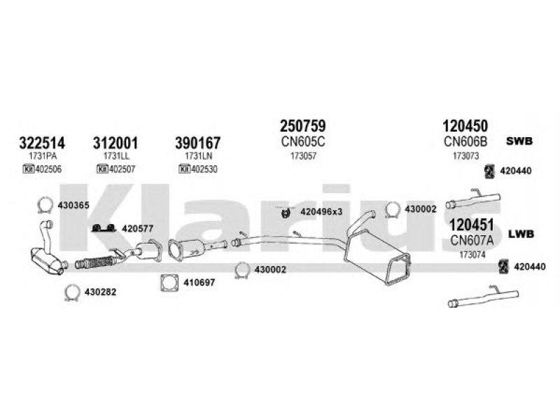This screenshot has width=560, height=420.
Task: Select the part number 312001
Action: [115, 143]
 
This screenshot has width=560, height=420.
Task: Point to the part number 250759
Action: [302, 127]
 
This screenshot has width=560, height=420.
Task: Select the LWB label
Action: [521, 233]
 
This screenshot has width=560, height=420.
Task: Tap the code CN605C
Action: [302, 142]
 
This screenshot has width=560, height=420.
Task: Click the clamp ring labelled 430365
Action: [43, 205]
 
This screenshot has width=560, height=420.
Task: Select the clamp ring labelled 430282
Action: [72, 293]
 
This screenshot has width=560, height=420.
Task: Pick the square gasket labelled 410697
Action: [169, 283]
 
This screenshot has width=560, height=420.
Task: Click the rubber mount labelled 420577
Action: [104, 228]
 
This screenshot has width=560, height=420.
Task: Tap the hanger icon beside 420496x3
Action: [286, 211]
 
